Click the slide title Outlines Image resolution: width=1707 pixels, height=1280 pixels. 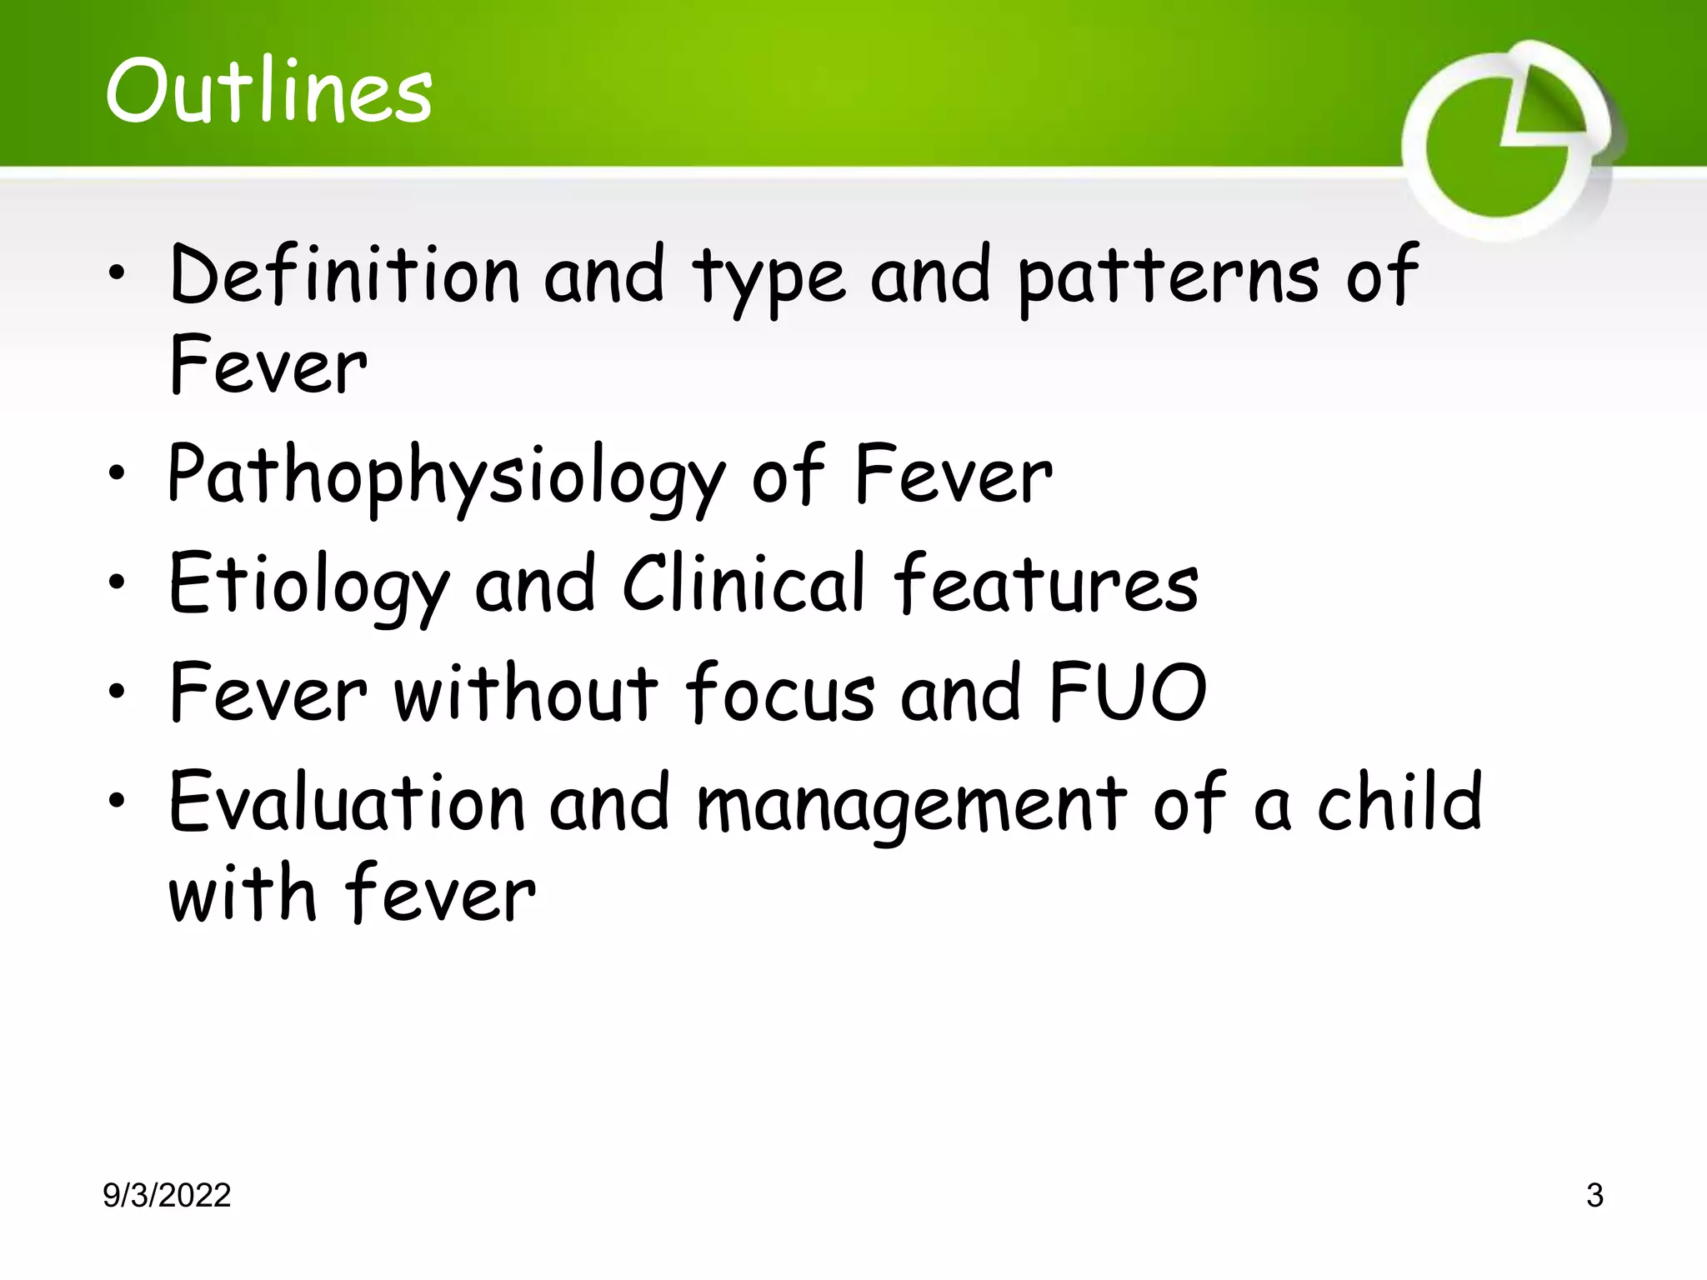tap(268, 91)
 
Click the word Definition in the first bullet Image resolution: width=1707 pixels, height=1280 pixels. tap(345, 275)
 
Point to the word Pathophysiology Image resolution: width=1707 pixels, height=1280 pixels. tap(446, 477)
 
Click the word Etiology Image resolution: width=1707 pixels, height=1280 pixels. tap(308, 586)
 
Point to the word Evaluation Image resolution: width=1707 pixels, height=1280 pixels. tap(346, 802)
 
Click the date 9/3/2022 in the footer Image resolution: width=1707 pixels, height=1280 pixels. tap(167, 1196)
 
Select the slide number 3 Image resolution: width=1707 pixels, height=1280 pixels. tap(1594, 1196)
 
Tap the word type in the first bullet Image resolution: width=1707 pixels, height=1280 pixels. tap(768, 278)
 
